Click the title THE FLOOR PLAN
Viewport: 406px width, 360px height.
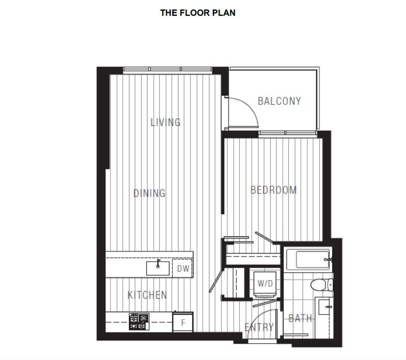tap(198, 13)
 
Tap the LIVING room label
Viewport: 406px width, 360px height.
tap(166, 122)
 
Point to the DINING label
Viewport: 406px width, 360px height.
tap(149, 193)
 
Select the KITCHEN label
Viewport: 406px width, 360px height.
tap(148, 295)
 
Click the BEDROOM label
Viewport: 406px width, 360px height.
tap(274, 190)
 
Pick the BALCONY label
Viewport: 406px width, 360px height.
tap(279, 101)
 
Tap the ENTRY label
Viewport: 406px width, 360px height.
tap(259, 327)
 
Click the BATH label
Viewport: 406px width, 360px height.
tap(300, 318)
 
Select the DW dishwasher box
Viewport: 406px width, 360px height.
tap(183, 268)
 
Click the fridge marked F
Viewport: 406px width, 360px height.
tap(183, 322)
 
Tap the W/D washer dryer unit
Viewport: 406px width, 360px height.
tap(265, 283)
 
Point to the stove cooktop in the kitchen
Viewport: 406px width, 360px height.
tap(139, 321)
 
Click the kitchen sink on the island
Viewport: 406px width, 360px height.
tap(158, 268)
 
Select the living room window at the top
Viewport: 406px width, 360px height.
tap(168, 69)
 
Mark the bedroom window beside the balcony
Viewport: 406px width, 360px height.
tap(288, 133)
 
